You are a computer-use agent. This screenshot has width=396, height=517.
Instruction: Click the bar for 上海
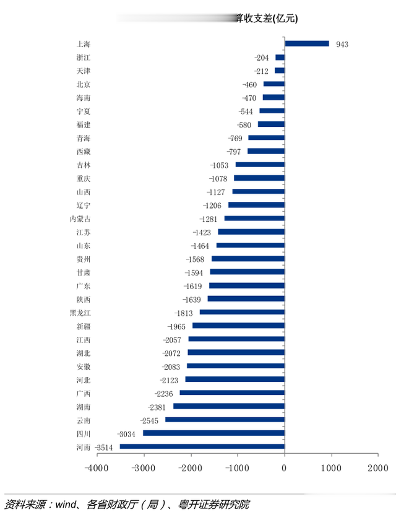click(307, 44)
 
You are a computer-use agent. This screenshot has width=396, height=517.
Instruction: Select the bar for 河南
click(202, 446)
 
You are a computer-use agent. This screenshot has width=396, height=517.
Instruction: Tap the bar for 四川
click(213, 433)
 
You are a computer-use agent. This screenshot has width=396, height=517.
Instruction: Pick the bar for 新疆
click(238, 326)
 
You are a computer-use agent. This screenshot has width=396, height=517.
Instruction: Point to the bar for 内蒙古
click(254, 219)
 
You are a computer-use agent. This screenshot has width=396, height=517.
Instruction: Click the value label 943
click(342, 45)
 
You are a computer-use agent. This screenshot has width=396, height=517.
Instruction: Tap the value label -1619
click(194, 286)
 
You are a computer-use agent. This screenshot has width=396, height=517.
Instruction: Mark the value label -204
click(261, 58)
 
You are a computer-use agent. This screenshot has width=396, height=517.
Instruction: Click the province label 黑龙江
click(80, 313)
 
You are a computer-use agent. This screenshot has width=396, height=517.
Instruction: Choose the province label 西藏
click(83, 152)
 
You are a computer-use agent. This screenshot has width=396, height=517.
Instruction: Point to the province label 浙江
click(83, 58)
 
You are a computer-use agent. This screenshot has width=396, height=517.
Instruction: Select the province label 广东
click(83, 286)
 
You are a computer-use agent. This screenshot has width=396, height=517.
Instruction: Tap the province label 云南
click(83, 420)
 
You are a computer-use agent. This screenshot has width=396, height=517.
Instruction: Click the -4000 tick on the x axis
click(97, 469)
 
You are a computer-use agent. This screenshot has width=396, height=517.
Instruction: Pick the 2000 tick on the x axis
click(377, 469)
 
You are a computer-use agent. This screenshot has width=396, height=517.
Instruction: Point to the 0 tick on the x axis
click(285, 469)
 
